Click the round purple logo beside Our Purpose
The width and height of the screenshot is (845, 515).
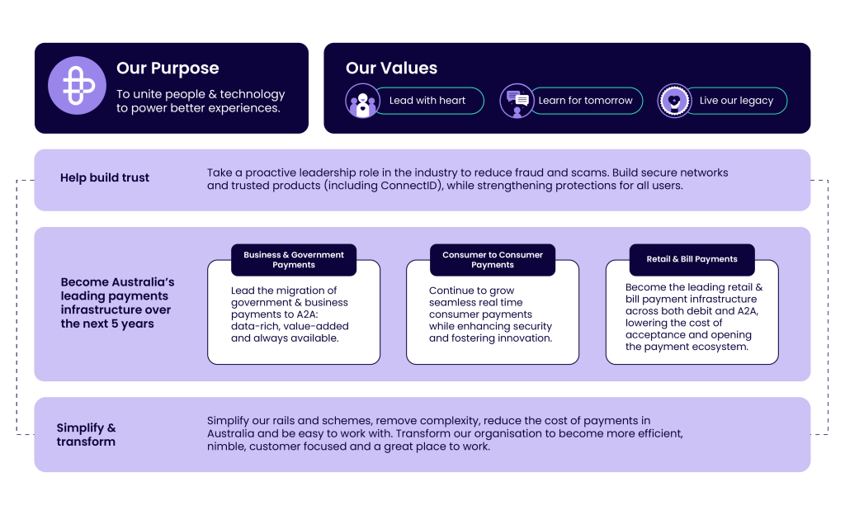[x=71, y=85]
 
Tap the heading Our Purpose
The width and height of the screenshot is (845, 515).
[x=168, y=69]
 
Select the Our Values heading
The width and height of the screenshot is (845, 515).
[x=391, y=69]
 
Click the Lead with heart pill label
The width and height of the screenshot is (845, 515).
[x=427, y=101]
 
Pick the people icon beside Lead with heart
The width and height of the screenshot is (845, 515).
[x=361, y=101]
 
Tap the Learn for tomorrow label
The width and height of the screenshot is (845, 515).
[x=585, y=101]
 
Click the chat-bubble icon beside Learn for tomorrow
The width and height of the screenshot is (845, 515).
[x=517, y=101]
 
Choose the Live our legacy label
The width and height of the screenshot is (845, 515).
[x=736, y=101]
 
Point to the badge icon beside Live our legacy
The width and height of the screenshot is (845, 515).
[x=674, y=101]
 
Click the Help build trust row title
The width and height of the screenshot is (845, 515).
[x=105, y=178]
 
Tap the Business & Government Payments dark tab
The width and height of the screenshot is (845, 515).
[x=294, y=260]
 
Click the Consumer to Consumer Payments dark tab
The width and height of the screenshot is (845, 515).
[x=493, y=260]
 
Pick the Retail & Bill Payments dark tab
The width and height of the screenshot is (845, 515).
[x=692, y=259]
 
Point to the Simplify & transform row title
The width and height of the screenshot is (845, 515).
[x=86, y=434]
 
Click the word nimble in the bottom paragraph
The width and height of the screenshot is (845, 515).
[x=225, y=446]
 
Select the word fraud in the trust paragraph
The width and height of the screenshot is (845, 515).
[x=544, y=172]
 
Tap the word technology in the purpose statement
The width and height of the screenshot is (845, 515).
[x=248, y=94]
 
